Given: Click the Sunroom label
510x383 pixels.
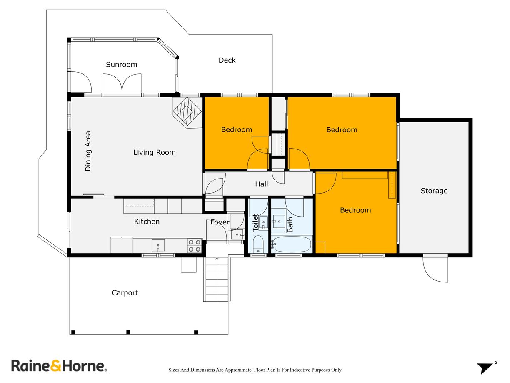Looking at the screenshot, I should click(x=121, y=65).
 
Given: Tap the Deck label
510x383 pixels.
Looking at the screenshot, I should click(x=227, y=60).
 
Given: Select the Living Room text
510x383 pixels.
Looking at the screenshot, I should click(x=154, y=153).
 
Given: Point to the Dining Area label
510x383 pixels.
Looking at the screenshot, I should click(x=88, y=151).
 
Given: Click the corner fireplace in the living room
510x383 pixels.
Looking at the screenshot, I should click(x=186, y=111).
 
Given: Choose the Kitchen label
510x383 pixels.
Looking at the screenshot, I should click(x=147, y=222).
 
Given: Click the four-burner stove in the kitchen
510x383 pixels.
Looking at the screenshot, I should click(x=194, y=245).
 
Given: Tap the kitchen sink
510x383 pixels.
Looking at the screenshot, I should click(x=158, y=245).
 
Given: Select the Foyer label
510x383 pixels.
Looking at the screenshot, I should click(x=220, y=222).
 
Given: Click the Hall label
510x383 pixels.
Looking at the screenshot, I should click(x=261, y=184).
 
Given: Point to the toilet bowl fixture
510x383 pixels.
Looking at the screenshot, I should click(x=258, y=244).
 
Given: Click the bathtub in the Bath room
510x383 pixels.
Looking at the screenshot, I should click(x=292, y=244).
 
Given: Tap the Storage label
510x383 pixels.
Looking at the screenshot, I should click(x=434, y=191).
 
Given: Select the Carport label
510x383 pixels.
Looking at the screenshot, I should click(x=125, y=293).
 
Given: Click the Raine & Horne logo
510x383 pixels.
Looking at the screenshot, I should click(x=59, y=366).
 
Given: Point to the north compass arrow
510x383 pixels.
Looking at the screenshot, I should click(x=485, y=368).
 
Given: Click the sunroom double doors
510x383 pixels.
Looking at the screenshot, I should click(x=122, y=83).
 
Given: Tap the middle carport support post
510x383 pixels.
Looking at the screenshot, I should click(x=128, y=332).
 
